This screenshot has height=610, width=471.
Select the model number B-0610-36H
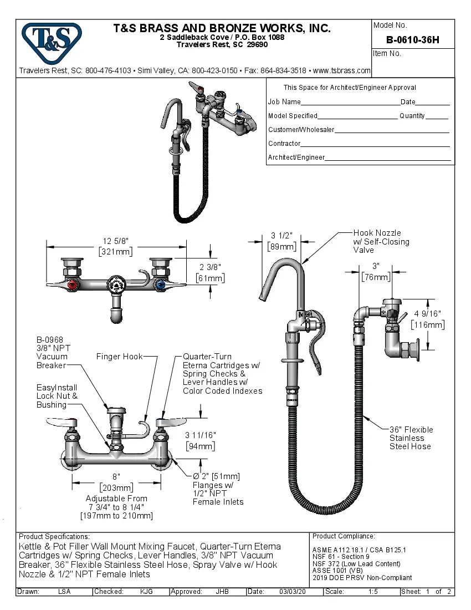(x=413, y=40)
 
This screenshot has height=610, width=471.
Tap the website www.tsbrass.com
(x=341, y=70)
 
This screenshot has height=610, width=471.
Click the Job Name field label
(x=284, y=102)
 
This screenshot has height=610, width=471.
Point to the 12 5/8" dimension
(x=115, y=241)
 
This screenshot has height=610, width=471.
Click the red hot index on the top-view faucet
(x=71, y=286)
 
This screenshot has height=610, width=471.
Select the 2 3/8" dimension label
(x=211, y=267)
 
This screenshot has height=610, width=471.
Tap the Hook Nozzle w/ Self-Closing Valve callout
(x=381, y=241)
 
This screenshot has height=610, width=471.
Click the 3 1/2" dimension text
(x=281, y=236)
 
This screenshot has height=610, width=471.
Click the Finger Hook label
(x=119, y=357)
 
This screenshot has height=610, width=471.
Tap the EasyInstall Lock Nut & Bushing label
(x=57, y=396)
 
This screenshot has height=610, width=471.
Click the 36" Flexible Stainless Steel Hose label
(x=411, y=438)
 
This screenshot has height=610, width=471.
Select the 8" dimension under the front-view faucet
(x=116, y=476)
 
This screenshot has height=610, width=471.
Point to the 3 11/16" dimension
(x=200, y=435)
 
